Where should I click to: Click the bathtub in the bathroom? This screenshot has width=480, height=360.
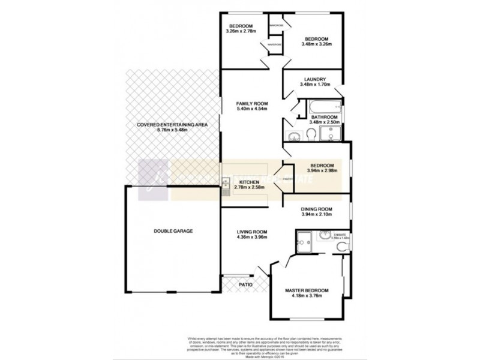click(x=324, y=109)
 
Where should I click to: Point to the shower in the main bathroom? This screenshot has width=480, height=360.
click(x=330, y=133)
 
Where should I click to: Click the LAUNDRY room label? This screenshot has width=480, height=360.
click(x=314, y=79)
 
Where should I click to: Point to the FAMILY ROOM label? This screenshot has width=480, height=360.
click(x=251, y=104)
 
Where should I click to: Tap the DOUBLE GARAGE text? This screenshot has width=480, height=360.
click(x=172, y=230)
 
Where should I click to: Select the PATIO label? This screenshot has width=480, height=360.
click(x=245, y=284)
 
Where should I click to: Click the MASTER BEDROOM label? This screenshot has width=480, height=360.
click(x=307, y=290)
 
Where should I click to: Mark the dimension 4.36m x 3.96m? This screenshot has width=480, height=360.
click(x=251, y=238)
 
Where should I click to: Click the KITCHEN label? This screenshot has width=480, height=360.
click(x=249, y=182)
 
